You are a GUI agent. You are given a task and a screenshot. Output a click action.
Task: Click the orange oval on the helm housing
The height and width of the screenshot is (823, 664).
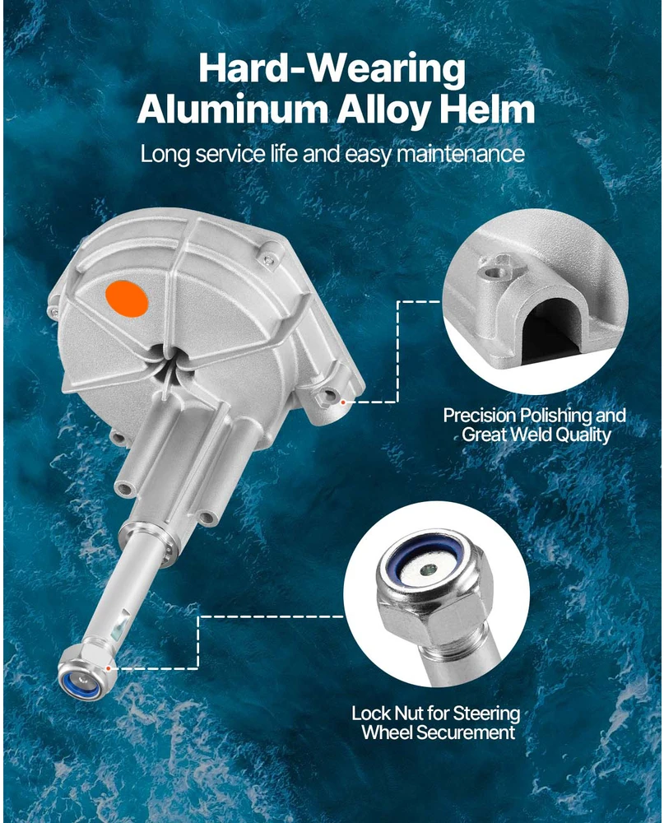(x=127, y=299)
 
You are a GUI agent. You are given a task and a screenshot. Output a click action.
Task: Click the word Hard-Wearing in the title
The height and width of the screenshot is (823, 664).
(x=332, y=69)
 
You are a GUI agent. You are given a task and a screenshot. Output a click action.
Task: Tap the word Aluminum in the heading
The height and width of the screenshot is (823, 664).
(x=233, y=109)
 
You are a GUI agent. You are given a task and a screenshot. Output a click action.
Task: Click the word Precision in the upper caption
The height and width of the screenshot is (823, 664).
(x=480, y=416)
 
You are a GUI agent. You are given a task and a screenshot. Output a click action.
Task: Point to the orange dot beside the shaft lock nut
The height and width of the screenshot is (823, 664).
(x=108, y=668)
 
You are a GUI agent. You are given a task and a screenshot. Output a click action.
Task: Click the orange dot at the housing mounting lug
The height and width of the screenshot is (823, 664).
(x=343, y=402)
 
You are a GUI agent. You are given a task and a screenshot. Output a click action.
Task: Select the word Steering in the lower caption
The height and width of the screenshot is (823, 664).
(x=486, y=714)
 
